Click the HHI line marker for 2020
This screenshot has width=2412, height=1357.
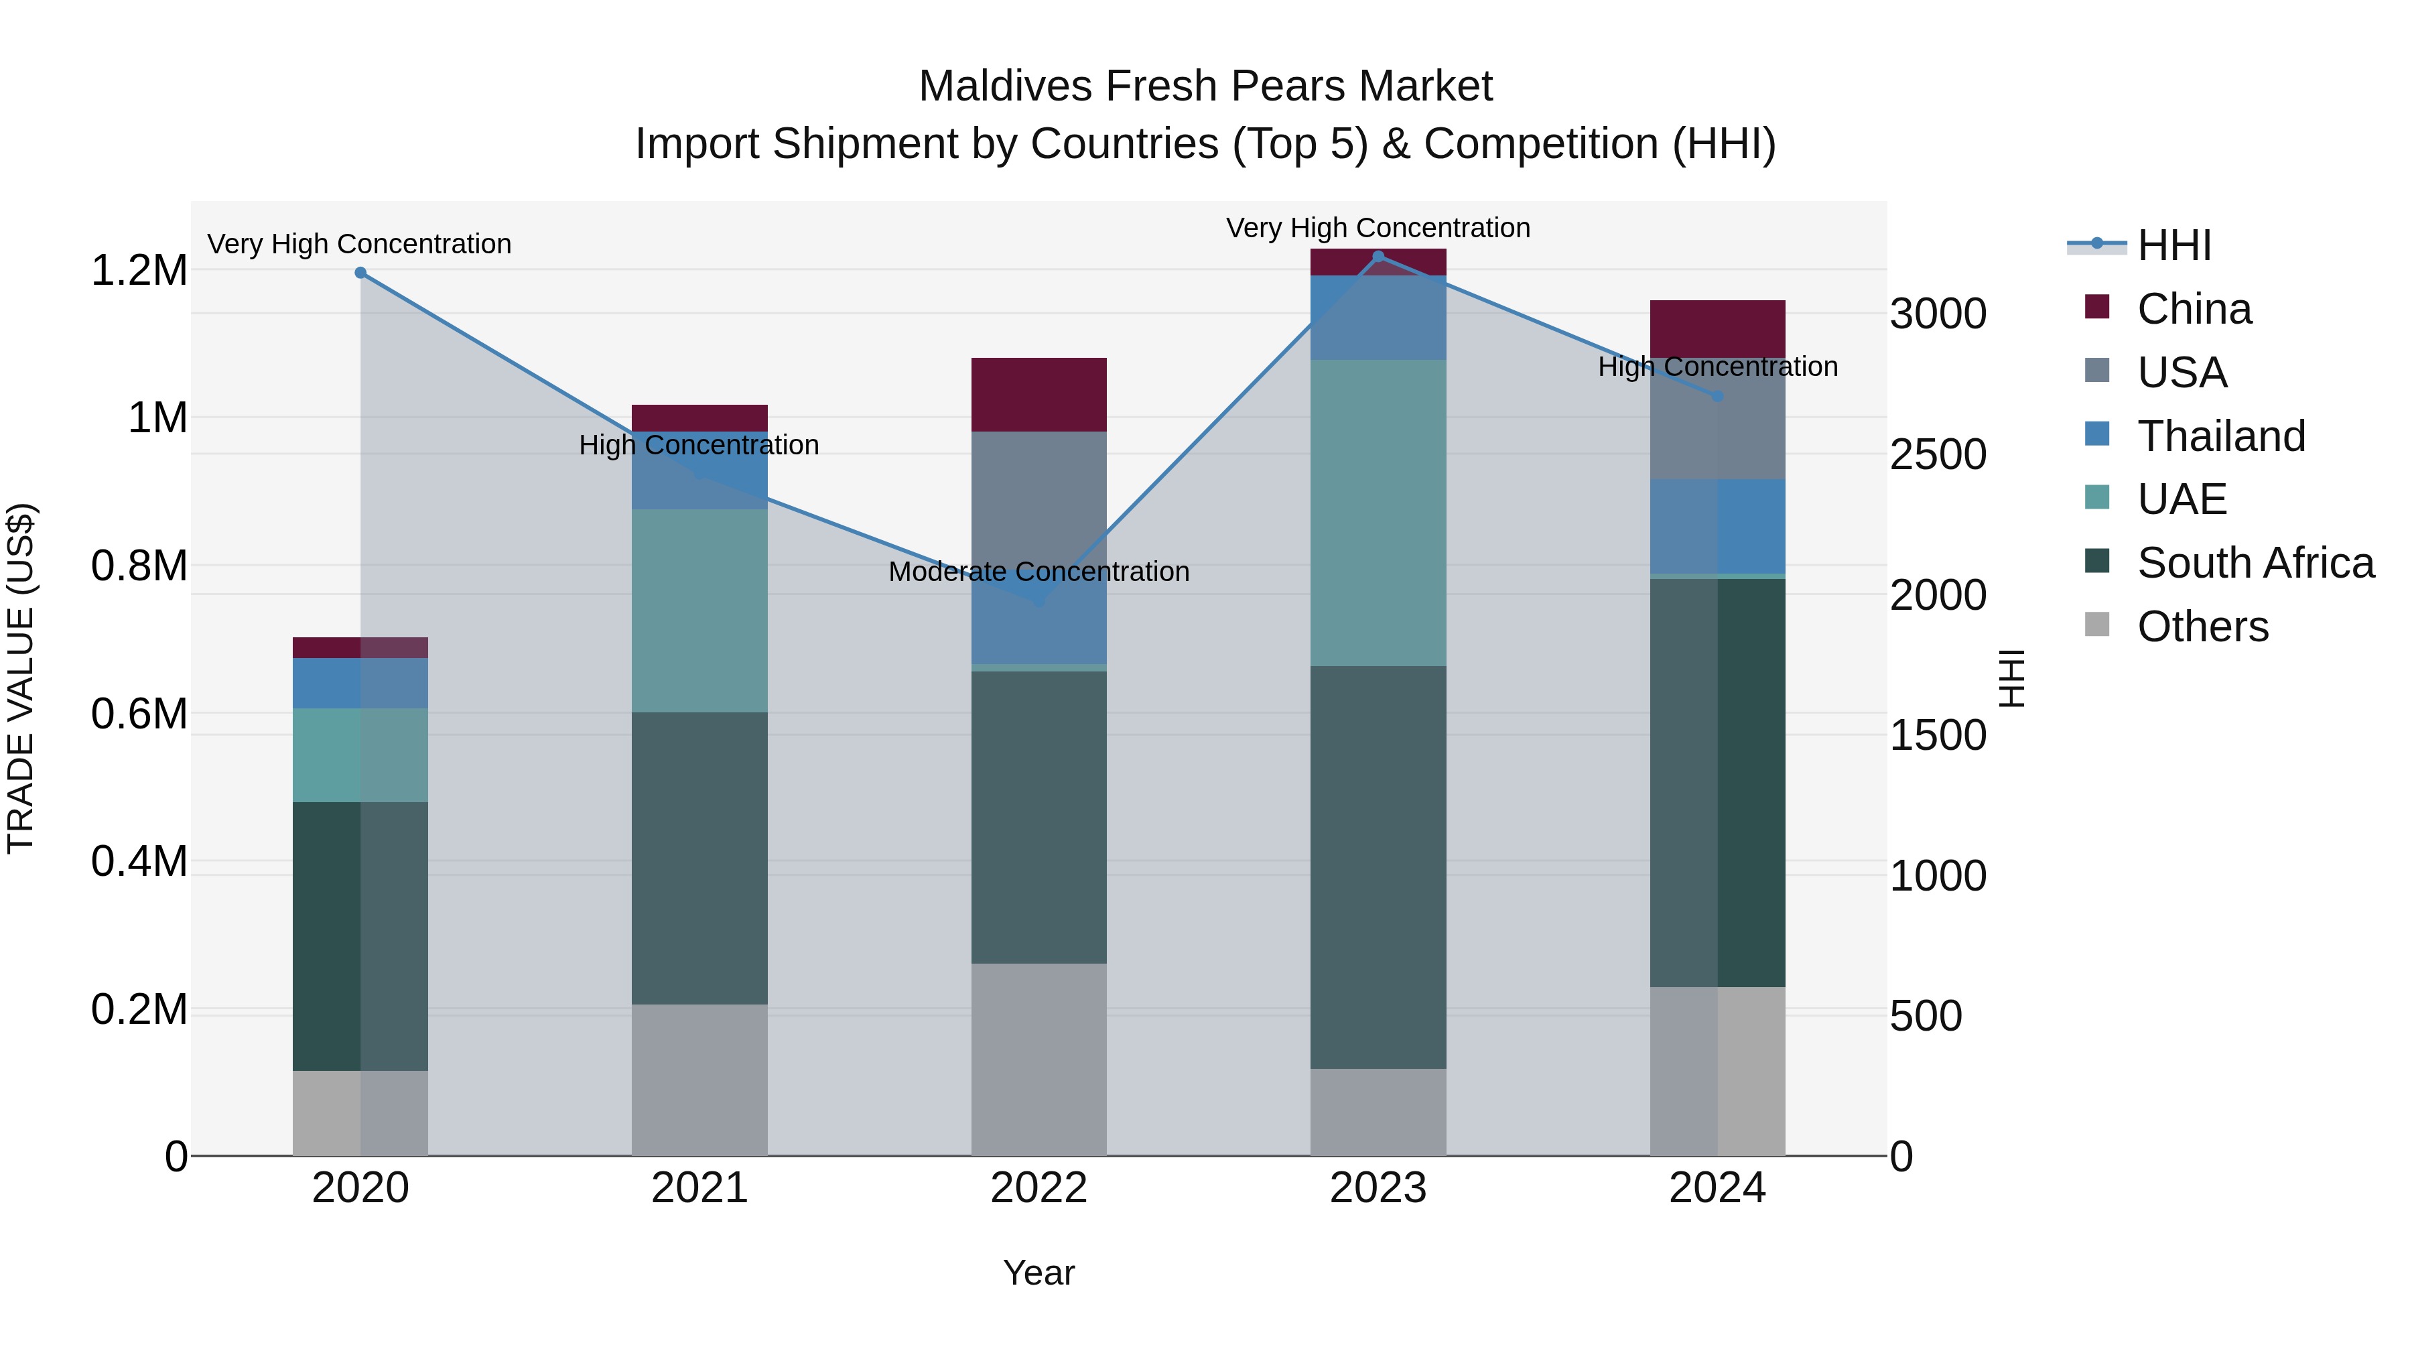[360, 273]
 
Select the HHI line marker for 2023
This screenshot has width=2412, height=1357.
[1378, 256]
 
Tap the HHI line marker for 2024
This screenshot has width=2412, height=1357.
[1717, 396]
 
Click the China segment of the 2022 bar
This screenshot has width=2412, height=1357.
[1038, 394]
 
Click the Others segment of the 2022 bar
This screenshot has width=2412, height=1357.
[1038, 1059]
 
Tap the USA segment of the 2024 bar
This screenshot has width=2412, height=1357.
[1717, 431]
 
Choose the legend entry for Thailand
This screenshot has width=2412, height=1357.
[2220, 436]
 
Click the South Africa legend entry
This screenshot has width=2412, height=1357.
[2255, 563]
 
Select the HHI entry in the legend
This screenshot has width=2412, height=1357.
[2173, 245]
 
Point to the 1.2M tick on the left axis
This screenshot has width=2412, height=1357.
[139, 271]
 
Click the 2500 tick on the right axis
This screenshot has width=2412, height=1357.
[1937, 454]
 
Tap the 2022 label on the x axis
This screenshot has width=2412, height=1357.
[1038, 1188]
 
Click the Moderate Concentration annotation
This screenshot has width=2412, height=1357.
[1038, 571]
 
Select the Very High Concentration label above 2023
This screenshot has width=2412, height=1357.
[1378, 228]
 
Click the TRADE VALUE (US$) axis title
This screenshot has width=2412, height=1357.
[21, 678]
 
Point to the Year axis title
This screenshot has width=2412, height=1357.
[1038, 1273]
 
